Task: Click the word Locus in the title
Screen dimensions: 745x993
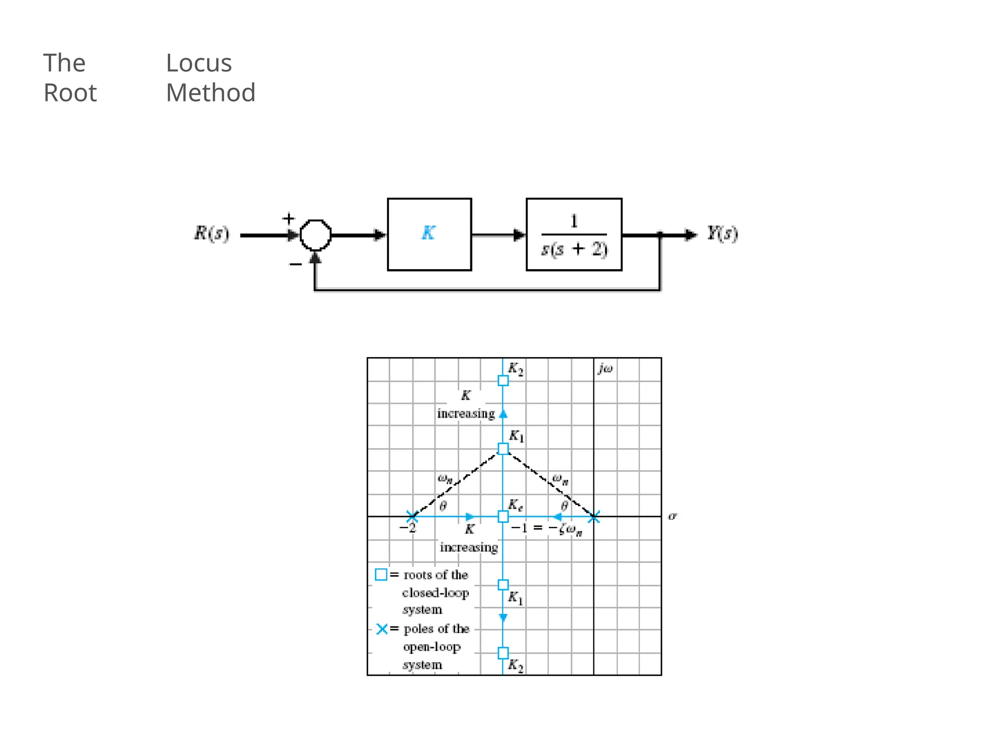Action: (x=199, y=64)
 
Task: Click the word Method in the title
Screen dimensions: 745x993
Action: (x=210, y=93)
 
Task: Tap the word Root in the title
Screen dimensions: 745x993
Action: (x=70, y=93)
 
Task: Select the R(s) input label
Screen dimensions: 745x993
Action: (x=211, y=234)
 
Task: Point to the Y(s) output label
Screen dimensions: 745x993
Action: (x=722, y=234)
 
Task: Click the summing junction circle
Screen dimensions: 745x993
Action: (x=316, y=235)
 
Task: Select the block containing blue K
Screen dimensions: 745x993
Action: (x=429, y=234)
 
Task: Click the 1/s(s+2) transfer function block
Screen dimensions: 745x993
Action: (x=574, y=234)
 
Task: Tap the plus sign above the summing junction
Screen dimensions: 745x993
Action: (x=288, y=219)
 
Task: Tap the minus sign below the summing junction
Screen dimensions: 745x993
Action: (x=295, y=264)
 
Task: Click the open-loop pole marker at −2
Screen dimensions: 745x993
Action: (x=412, y=517)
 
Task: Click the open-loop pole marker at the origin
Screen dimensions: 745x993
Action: (x=594, y=517)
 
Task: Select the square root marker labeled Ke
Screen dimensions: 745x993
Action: (x=503, y=517)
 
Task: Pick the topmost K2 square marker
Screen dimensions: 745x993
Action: (x=503, y=381)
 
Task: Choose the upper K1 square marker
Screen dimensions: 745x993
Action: (x=503, y=449)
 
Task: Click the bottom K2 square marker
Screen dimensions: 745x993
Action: (x=503, y=653)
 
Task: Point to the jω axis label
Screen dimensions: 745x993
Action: (x=605, y=369)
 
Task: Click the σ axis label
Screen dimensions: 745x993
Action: (x=672, y=516)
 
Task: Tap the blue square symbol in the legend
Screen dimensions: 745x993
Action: (x=381, y=575)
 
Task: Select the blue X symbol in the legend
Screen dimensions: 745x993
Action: (x=382, y=629)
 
